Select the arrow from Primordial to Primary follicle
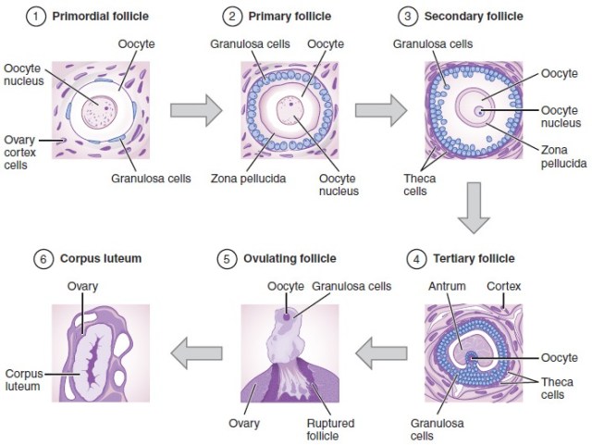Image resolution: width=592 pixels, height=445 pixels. (196, 110)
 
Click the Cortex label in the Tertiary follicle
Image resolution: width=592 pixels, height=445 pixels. (504, 286)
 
